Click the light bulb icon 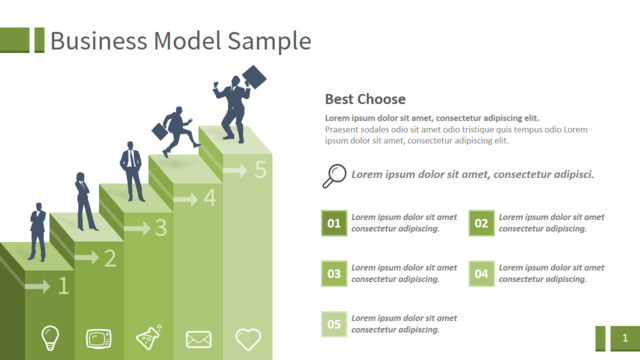[x=50, y=338]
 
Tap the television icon [x=98, y=339]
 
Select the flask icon [x=149, y=337]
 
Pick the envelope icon [x=198, y=339]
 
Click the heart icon [x=248, y=339]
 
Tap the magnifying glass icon [x=334, y=176]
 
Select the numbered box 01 [x=334, y=223]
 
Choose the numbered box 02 [x=481, y=223]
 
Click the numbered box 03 [x=334, y=273]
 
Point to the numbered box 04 [x=481, y=273]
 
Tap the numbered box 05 [x=334, y=324]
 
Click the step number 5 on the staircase [x=260, y=169]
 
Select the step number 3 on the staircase [x=161, y=228]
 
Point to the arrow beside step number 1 [x=37, y=286]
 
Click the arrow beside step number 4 [x=186, y=199]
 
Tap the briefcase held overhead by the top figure [x=254, y=77]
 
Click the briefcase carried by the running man [x=160, y=131]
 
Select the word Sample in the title [x=269, y=41]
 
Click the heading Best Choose [x=365, y=99]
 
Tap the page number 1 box [x=625, y=338]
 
